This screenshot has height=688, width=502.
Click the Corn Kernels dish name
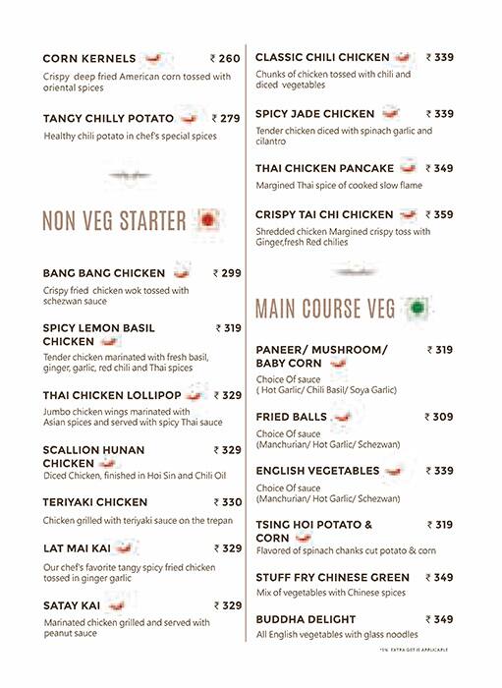pyautogui.click(x=87, y=59)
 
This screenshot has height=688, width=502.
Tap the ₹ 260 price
pyautogui.click(x=225, y=59)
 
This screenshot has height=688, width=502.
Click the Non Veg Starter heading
pyautogui.click(x=114, y=221)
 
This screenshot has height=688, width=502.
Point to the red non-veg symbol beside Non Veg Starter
pyautogui.click(x=206, y=220)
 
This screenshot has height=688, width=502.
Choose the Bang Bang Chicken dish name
pyautogui.click(x=104, y=273)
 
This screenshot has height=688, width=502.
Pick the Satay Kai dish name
pyautogui.click(x=74, y=605)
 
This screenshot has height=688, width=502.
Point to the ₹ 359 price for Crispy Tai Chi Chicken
pyautogui.click(x=438, y=214)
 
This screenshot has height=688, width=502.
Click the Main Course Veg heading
pyautogui.click(x=325, y=310)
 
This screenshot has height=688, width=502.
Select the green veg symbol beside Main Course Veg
pyautogui.click(x=418, y=309)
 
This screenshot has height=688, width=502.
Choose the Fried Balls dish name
pyautogui.click(x=292, y=417)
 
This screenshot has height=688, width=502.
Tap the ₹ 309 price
pyautogui.click(x=438, y=417)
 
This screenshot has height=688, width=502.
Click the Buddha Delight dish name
pyautogui.click(x=307, y=619)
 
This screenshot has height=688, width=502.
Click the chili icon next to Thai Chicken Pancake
pyautogui.click(x=408, y=168)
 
